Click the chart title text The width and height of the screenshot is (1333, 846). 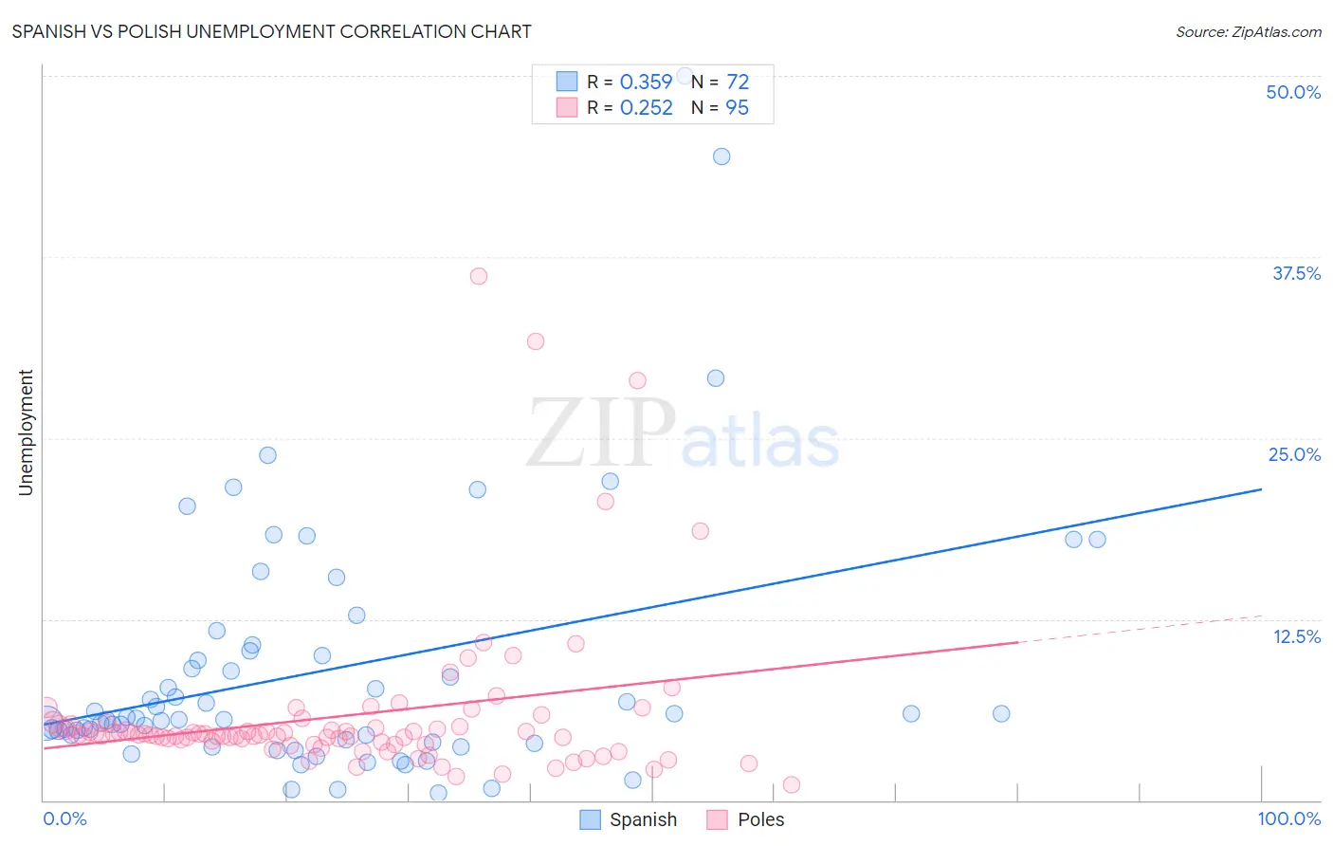(271, 31)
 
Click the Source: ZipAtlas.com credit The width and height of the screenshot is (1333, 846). (1248, 31)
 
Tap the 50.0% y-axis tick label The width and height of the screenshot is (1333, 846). (1293, 92)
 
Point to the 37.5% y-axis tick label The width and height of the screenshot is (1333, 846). (1296, 273)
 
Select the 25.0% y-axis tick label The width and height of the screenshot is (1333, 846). (1294, 454)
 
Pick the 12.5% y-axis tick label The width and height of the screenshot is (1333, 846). (1296, 636)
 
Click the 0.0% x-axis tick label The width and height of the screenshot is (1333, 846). (64, 818)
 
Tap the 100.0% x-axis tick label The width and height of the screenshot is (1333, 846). (1288, 818)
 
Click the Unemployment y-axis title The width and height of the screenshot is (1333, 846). (26, 432)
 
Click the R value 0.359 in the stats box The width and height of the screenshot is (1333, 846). (646, 83)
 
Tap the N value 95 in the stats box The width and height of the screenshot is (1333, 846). (737, 108)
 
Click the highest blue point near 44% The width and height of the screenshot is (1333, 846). (721, 156)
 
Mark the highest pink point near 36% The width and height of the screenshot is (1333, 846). (479, 276)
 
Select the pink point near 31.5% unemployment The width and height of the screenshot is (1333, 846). (536, 341)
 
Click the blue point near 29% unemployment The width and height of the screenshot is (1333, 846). (716, 378)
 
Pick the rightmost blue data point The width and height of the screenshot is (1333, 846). (1097, 540)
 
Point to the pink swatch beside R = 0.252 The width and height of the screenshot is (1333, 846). (567, 108)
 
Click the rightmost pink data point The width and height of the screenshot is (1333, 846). (792, 784)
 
